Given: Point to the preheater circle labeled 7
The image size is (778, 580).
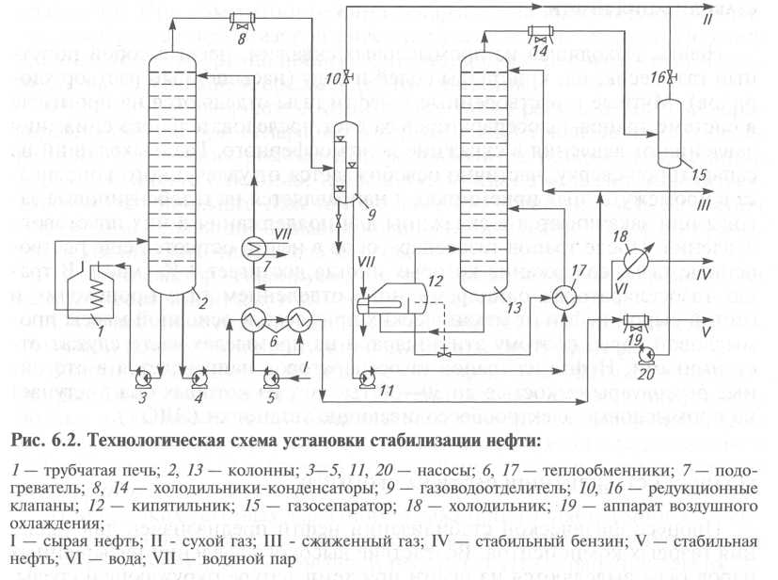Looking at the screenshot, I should (256, 246).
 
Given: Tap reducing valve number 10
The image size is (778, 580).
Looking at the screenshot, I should (350, 74).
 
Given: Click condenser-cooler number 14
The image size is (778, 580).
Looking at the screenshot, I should (540, 30).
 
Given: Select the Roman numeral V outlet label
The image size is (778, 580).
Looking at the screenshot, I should (706, 331).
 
